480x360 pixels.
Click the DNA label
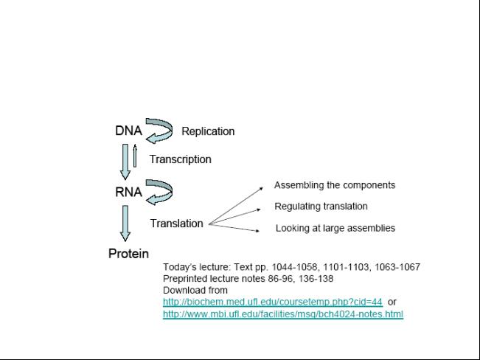(128, 131)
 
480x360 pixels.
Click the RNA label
(128, 192)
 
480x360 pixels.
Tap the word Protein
(128, 254)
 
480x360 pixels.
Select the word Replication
(208, 131)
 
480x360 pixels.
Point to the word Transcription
(181, 159)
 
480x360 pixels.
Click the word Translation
(177, 224)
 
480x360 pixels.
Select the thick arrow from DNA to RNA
(125, 162)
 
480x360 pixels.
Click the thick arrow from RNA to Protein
(125, 224)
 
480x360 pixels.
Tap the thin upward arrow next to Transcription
(135, 156)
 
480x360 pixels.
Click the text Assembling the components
(335, 185)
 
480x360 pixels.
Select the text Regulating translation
(321, 207)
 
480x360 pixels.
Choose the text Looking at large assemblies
(335, 228)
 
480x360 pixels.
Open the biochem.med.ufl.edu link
(273, 302)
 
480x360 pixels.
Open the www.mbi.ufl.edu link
(283, 314)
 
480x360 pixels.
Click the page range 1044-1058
(294, 267)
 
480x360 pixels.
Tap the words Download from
(195, 290)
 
